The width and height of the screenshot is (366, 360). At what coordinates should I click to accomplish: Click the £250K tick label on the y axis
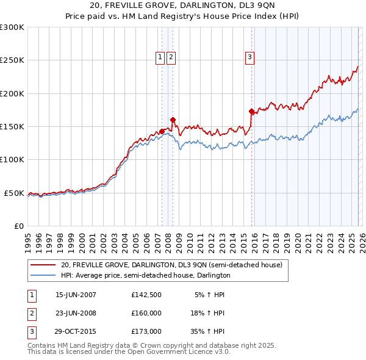[12, 60]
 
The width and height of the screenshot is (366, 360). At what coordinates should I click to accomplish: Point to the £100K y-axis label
[12, 160]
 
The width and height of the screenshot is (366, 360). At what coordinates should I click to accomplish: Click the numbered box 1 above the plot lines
[160, 57]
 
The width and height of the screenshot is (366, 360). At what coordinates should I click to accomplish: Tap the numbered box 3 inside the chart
[249, 57]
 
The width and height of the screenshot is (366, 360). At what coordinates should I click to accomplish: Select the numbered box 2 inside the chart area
[171, 57]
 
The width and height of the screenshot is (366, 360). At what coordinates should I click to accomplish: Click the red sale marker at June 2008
[173, 120]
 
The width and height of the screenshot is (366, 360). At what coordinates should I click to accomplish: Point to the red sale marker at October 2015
[251, 111]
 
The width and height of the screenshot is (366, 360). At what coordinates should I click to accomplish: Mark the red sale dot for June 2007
[162, 131]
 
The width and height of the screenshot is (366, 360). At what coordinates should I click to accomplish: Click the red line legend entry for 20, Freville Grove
[171, 265]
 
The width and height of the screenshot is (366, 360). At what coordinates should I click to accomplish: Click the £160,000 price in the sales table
[146, 313]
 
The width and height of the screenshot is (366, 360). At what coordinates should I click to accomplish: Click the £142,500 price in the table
[146, 295]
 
